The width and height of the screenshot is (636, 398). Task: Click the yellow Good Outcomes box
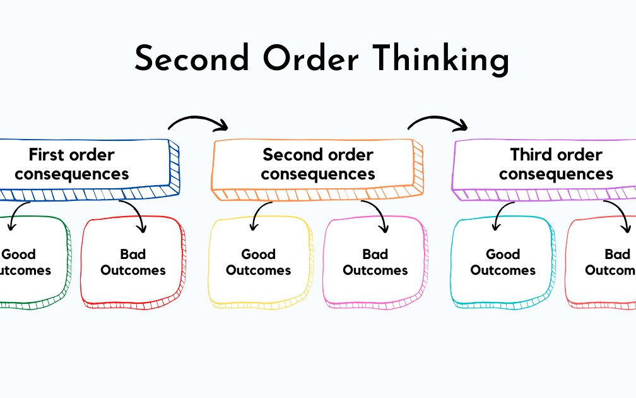[x=259, y=262]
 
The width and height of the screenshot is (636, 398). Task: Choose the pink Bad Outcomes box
[x=375, y=262]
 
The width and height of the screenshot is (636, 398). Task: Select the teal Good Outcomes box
[x=503, y=262]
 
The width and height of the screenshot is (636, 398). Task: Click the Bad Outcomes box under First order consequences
[x=133, y=262]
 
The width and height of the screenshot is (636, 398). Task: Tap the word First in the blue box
[x=47, y=155]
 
